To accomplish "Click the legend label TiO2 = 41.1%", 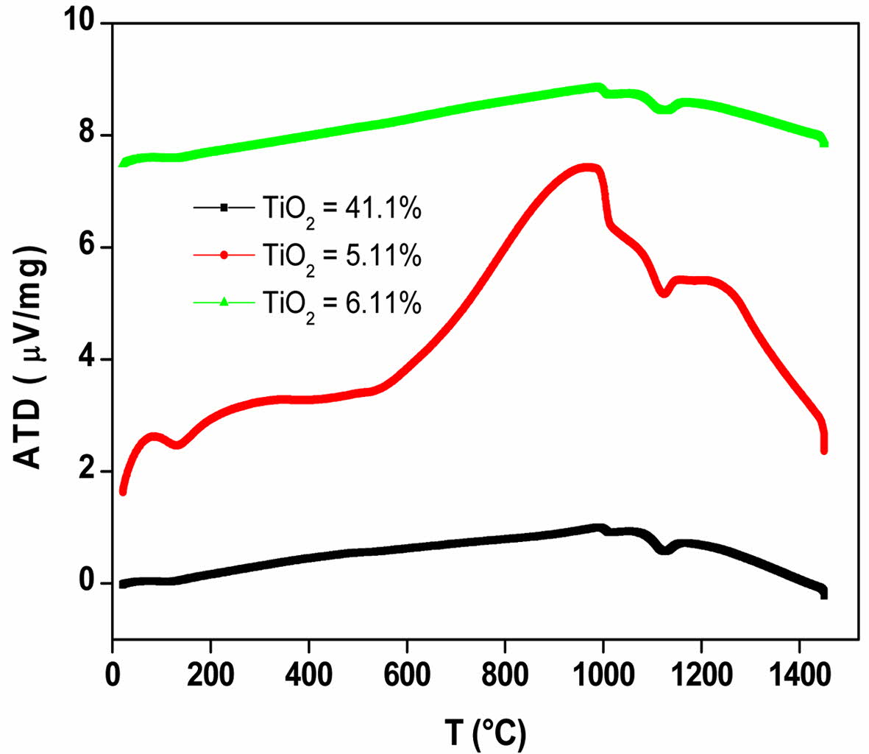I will tap(341, 209).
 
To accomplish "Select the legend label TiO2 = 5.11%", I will tap(341, 256).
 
